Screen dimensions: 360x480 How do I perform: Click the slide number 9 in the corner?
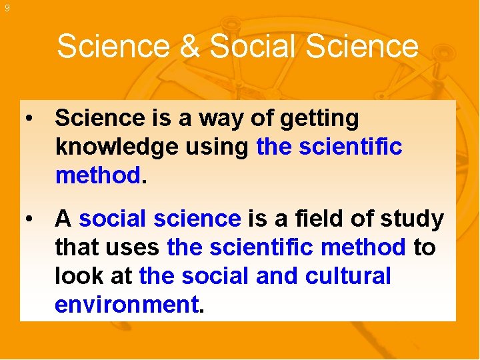click(7, 8)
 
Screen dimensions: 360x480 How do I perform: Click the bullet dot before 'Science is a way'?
click(29, 119)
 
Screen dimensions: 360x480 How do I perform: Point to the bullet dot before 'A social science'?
click(29, 219)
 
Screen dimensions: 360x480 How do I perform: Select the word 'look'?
click(76, 276)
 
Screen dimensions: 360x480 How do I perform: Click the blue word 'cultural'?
click(348, 276)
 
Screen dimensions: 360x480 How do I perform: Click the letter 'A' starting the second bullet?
click(63, 219)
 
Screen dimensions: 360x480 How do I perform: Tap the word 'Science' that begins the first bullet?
click(99, 119)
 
